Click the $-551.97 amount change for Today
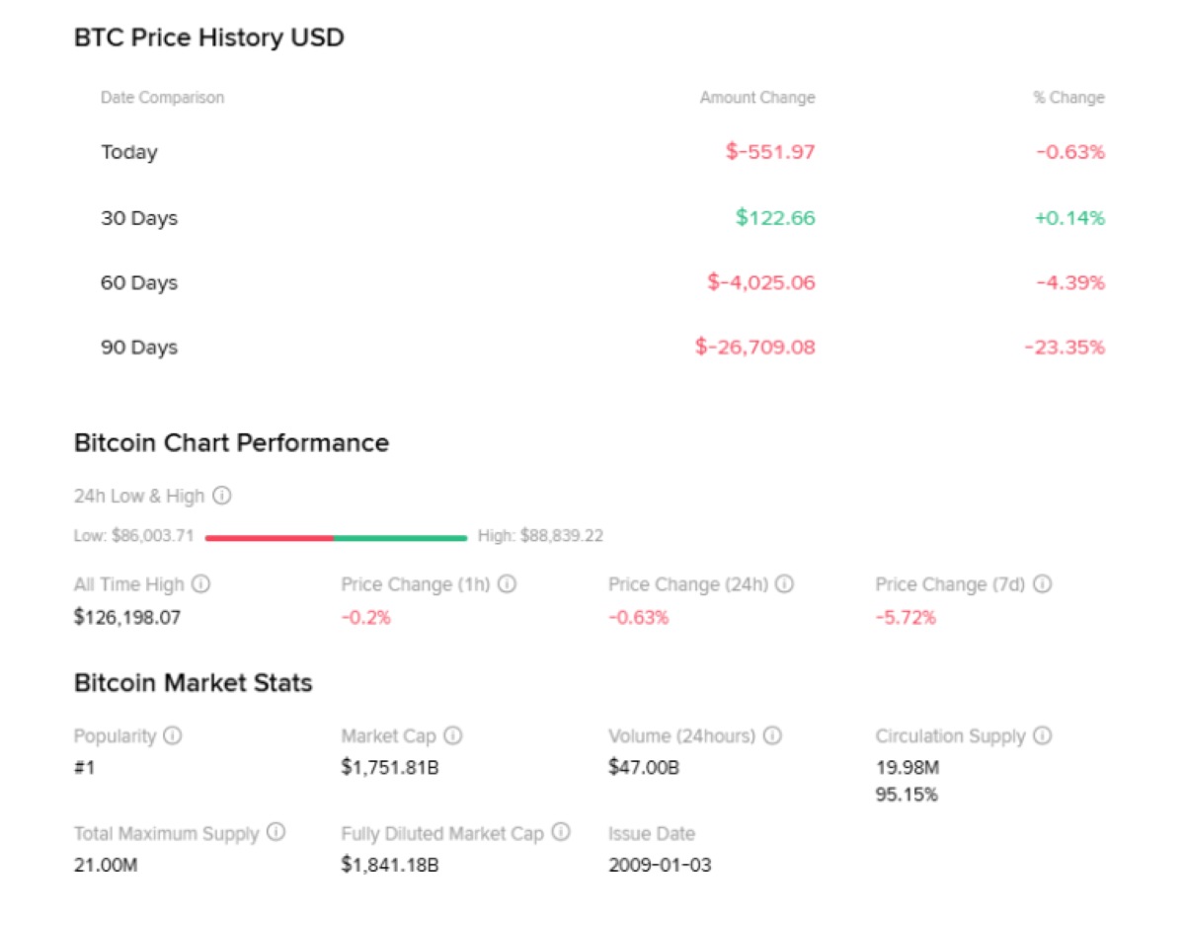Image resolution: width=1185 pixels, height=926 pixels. click(x=770, y=152)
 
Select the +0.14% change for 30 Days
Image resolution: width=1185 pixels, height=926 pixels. click(x=1069, y=217)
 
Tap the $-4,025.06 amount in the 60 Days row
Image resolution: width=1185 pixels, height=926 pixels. click(x=761, y=282)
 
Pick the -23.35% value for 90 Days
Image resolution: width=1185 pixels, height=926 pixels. click(x=1065, y=347)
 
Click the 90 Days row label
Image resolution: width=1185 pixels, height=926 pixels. click(x=139, y=347)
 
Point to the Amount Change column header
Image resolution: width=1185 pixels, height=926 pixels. click(x=757, y=98)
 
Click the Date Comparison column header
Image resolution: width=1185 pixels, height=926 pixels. click(x=162, y=98)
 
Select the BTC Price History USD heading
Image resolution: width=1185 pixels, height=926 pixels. click(x=209, y=39)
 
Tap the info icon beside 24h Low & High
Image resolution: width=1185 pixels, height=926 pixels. click(x=222, y=496)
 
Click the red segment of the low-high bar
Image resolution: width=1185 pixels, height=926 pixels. click(x=270, y=538)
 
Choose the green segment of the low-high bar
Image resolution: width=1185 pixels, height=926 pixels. click(x=400, y=538)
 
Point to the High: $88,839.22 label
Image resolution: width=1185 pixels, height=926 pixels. click(x=540, y=536)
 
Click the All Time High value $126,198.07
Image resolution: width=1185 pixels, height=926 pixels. click(x=127, y=618)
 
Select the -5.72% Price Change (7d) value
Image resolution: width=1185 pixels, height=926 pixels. click(x=906, y=618)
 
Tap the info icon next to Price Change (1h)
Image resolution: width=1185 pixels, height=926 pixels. click(x=507, y=584)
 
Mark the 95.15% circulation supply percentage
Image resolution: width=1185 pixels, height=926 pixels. click(x=907, y=794)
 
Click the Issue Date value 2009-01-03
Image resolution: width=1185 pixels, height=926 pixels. click(x=660, y=865)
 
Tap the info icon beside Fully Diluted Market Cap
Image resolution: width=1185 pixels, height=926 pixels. click(x=561, y=833)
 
